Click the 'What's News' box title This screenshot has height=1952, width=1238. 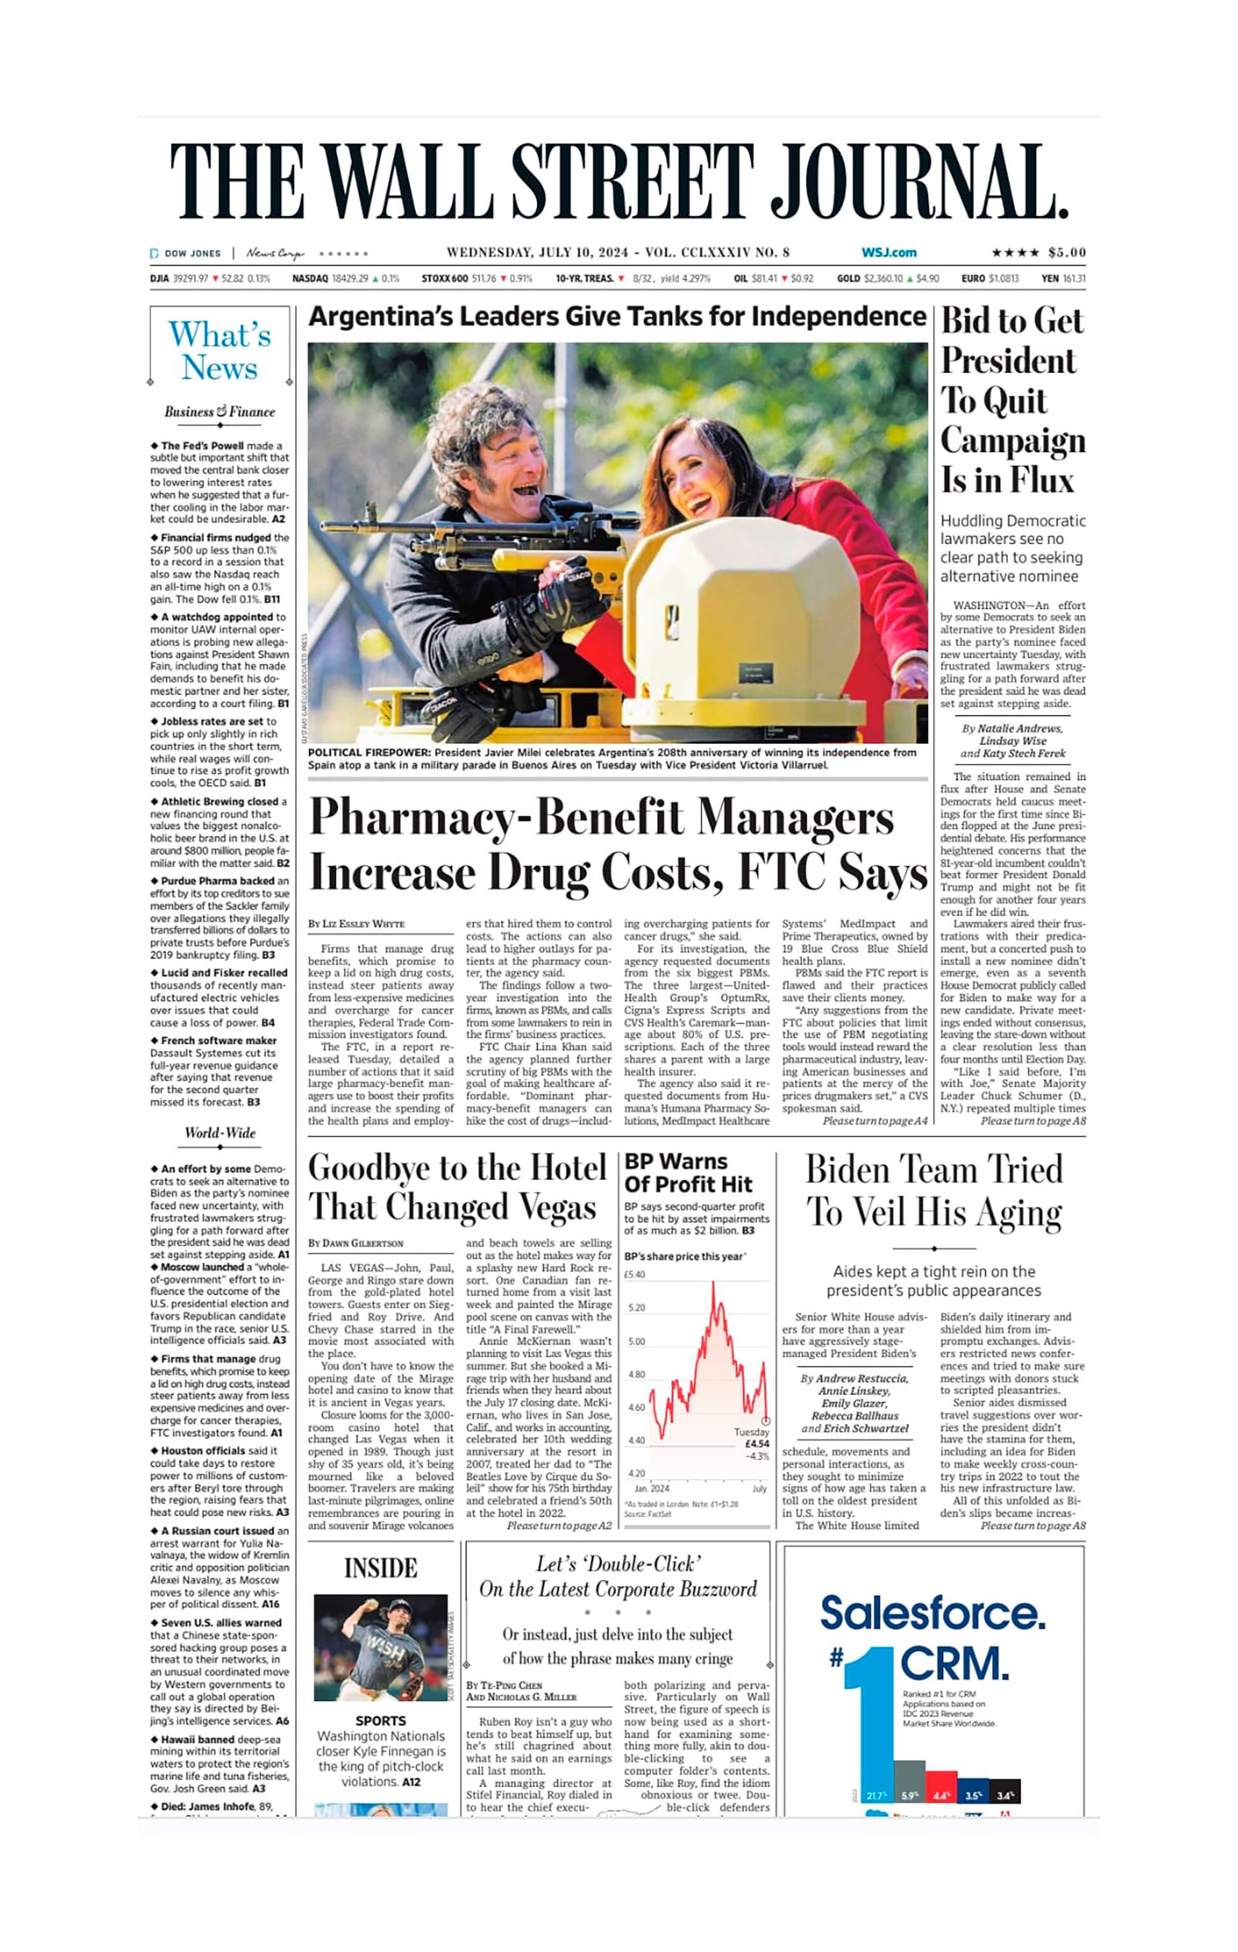click(220, 350)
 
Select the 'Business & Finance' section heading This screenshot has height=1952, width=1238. click(220, 412)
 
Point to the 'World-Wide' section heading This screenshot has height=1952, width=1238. click(220, 1133)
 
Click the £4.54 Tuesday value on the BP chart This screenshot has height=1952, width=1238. click(756, 1444)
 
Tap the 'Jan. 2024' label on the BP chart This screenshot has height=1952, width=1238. click(651, 1488)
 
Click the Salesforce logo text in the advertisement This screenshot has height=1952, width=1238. click(932, 1613)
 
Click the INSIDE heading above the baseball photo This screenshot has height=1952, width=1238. click(380, 1568)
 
